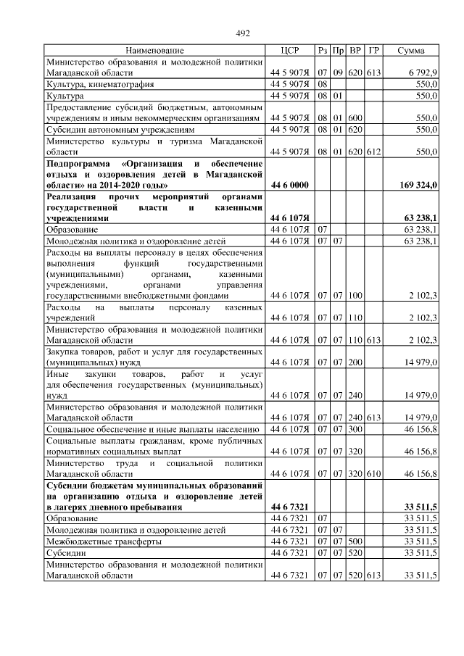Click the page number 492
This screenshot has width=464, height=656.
pyautogui.click(x=243, y=33)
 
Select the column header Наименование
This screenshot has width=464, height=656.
pyautogui.click(x=154, y=51)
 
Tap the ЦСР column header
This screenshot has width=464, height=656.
pyautogui.click(x=289, y=51)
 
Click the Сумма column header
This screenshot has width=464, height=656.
pyautogui.click(x=411, y=51)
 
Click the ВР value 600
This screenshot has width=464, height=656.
pyautogui.click(x=355, y=117)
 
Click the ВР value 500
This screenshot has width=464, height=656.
pyautogui.click(x=355, y=541)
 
